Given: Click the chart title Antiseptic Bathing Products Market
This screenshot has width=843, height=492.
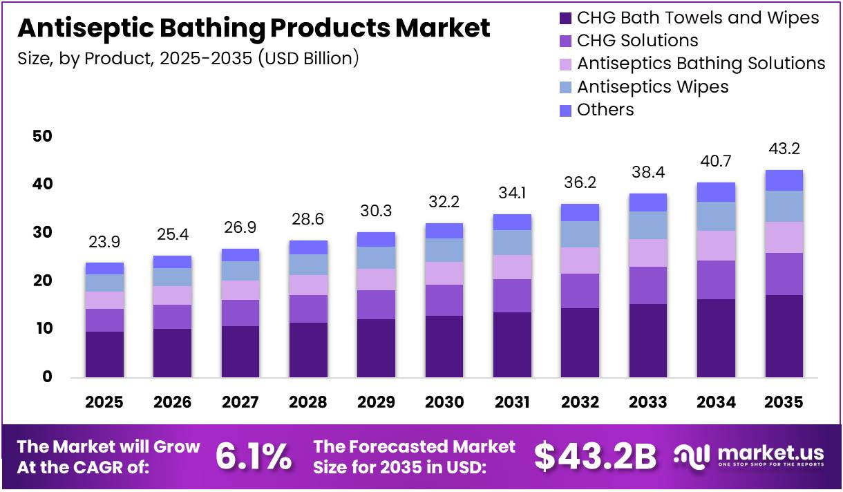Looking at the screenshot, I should [254, 28].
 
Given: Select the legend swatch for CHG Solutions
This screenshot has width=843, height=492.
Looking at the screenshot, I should [565, 41].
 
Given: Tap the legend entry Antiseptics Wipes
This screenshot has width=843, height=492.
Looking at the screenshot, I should [652, 86].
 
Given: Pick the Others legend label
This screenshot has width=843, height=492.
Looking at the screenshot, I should [605, 109].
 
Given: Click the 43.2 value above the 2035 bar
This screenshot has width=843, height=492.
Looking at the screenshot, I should [784, 149].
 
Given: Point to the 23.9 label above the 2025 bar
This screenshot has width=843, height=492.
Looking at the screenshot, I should [104, 243].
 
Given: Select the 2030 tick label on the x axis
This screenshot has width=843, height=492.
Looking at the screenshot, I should [444, 402].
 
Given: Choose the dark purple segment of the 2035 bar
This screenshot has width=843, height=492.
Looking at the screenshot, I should [784, 336].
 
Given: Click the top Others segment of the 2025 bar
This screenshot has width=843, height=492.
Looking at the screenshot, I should [104, 268].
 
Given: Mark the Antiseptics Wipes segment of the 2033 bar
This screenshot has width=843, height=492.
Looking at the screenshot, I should [648, 225].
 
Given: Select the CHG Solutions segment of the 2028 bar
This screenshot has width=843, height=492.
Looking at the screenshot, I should [308, 309].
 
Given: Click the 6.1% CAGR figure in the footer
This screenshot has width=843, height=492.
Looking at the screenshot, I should [254, 455].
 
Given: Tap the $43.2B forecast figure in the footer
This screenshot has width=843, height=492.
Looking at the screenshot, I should [595, 455].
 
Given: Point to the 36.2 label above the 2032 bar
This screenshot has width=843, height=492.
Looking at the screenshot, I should [580, 183].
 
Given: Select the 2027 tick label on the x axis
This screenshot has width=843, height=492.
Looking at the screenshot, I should [240, 402].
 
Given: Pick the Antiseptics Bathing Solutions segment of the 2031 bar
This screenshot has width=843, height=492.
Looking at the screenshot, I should [512, 267].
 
